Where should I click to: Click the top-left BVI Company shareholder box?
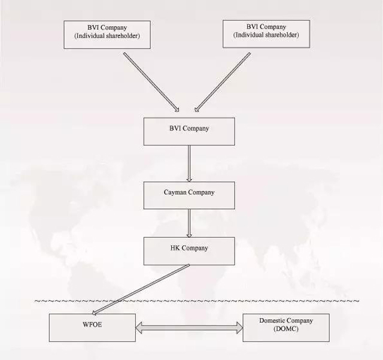107,35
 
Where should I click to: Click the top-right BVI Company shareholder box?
266,34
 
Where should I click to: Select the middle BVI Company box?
189,131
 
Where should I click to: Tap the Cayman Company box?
189,195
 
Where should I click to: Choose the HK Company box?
189,251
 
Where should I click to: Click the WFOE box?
92,328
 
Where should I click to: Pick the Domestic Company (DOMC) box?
286,328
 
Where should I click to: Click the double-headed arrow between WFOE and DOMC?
189,328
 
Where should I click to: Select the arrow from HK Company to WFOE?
141,289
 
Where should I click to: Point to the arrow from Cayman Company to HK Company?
189,223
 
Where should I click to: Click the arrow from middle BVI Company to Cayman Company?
189,164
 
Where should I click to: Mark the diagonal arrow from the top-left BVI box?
151,82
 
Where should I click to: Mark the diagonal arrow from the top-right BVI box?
223,82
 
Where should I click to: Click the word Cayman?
175,192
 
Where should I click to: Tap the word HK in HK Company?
175,248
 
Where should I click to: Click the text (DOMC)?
286,329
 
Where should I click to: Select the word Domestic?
272,320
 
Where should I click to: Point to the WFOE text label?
92,325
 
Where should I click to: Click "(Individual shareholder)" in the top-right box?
266,35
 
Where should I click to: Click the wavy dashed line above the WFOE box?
197,301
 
